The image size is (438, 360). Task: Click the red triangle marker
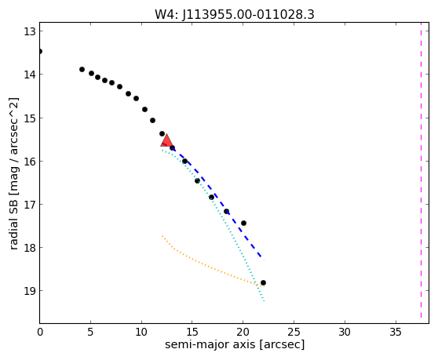coord(166,141)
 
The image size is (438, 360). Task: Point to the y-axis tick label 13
coord(30,31)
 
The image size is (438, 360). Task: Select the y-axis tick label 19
coord(30,291)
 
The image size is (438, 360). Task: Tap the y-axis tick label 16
coord(30,162)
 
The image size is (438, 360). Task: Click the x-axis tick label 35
coord(396,332)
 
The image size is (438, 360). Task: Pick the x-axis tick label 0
coord(40,332)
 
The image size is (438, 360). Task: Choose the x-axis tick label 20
coord(243,332)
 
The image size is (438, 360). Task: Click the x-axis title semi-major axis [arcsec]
coord(235,344)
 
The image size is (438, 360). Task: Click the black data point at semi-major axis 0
coord(40,51)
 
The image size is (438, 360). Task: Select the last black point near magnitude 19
coord(263,282)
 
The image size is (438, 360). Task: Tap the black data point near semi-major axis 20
coord(243,223)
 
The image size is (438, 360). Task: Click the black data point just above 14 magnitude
coord(82,69)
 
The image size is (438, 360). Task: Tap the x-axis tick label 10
coord(141,332)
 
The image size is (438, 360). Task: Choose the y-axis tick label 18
coord(30,248)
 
